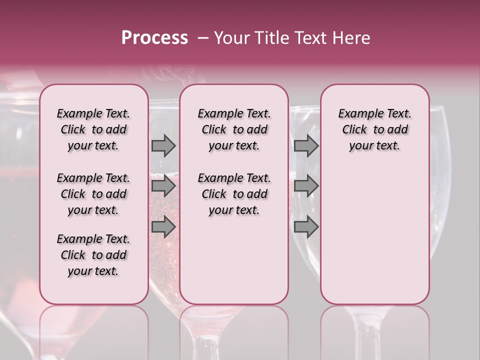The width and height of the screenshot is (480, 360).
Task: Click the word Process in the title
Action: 154,38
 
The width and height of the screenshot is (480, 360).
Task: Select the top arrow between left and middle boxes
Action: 163,145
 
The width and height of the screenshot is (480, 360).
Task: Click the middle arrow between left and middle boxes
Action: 163,186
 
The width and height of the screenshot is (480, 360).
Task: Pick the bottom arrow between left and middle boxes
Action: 163,226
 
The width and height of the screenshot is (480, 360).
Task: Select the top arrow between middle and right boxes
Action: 306,145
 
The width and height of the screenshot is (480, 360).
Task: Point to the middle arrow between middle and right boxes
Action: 306,186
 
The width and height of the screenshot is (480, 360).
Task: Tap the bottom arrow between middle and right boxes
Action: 306,226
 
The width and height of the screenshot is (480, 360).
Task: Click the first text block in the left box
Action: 93,129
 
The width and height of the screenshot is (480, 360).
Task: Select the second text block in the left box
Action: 93,194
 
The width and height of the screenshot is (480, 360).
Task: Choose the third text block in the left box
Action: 93,255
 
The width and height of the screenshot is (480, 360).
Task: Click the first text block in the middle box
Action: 234,129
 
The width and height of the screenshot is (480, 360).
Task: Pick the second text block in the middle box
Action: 234,194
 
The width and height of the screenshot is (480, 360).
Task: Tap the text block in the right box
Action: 375,129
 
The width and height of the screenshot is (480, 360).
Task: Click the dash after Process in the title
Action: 202,38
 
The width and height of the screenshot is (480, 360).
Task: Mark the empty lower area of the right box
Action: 375,230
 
